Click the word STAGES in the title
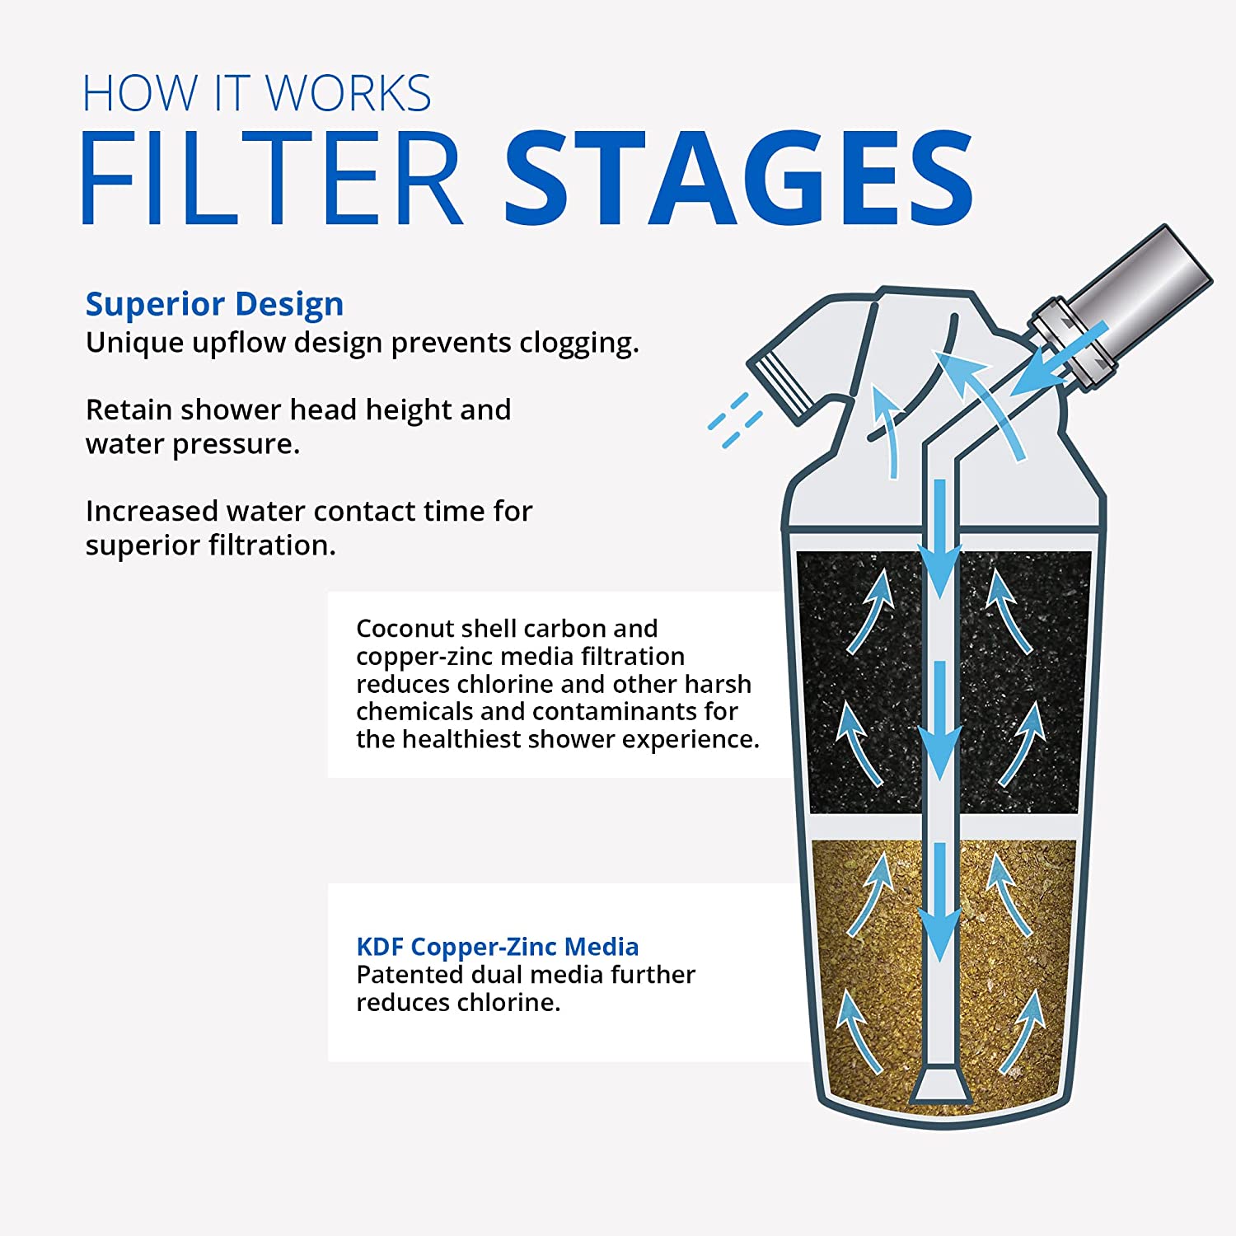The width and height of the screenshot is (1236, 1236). pos(738,179)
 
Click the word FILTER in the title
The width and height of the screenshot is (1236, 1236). pos(272,179)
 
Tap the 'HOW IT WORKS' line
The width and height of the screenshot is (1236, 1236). pos(257,93)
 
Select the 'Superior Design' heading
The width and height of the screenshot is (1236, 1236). pos(214,304)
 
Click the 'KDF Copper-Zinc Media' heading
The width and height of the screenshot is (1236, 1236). pos(497,947)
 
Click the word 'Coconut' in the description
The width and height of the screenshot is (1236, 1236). pos(405,629)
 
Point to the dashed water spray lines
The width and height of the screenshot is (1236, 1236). pos(735,420)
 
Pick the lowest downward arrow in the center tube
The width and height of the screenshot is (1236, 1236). pos(939,906)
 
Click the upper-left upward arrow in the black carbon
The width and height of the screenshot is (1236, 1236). pos(872,610)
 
